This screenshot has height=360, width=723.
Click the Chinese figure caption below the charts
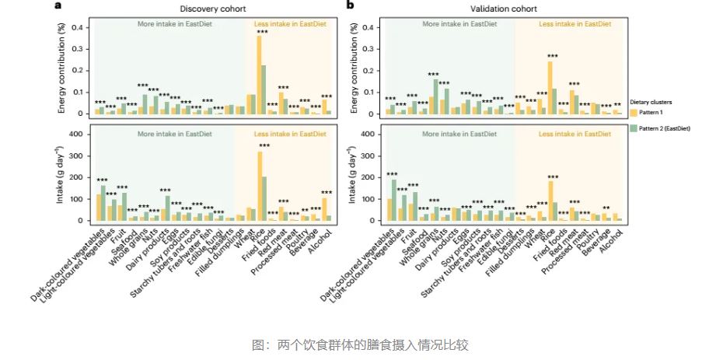click(x=361, y=344)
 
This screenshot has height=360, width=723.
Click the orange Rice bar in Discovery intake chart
click(x=259, y=187)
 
